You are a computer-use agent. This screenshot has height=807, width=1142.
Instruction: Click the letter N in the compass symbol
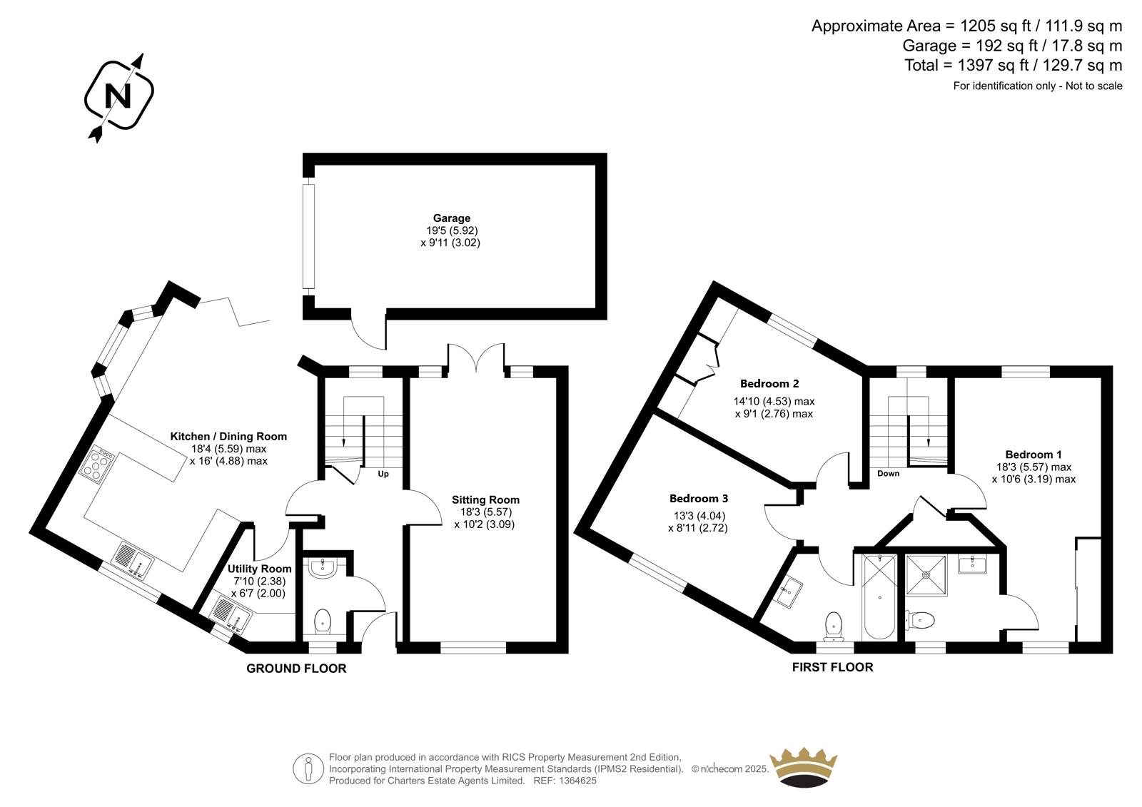118,96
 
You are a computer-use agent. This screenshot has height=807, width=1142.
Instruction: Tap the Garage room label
452,218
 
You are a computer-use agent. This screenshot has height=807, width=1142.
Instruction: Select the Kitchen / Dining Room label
228,437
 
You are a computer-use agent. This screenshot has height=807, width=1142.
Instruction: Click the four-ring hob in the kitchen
96,464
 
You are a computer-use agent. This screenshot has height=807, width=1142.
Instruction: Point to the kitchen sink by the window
132,560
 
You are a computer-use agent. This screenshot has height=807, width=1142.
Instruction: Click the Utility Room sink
231,614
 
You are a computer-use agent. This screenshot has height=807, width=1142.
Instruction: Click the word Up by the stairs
383,474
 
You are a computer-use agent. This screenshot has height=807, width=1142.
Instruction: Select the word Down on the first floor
888,474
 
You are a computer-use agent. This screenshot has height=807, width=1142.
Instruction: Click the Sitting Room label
485,499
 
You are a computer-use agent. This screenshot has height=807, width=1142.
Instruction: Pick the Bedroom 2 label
769,383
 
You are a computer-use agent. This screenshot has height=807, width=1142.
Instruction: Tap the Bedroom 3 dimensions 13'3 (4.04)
697,515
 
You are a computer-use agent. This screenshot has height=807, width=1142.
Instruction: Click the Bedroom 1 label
1034,455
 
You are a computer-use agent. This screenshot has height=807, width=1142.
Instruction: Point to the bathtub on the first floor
880,597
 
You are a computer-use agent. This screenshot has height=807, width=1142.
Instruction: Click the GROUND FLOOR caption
296,669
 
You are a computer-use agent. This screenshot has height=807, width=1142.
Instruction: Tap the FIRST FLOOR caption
832,667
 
